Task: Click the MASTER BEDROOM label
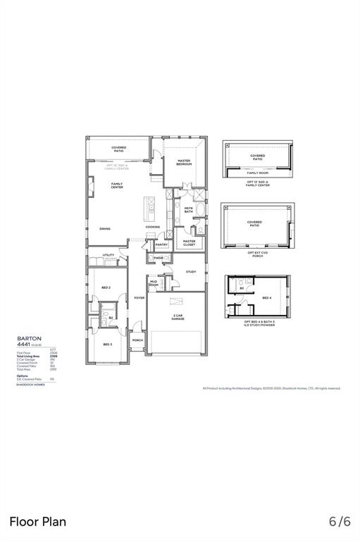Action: click(184, 162)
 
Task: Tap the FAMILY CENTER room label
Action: click(117, 185)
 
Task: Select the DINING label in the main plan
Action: click(104, 228)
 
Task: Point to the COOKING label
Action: click(153, 227)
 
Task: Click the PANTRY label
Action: click(161, 244)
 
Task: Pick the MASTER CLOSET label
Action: click(189, 242)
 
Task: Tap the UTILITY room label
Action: click(108, 255)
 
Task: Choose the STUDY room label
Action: click(190, 271)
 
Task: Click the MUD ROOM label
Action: click(154, 283)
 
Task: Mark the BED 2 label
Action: click(106, 287)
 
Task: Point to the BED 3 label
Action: click(107, 344)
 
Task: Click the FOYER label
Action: click(139, 298)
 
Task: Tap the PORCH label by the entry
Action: click(137, 340)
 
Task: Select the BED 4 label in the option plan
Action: click(267, 298)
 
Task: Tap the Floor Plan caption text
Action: click(38, 521)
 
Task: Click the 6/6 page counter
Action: click(340, 521)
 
